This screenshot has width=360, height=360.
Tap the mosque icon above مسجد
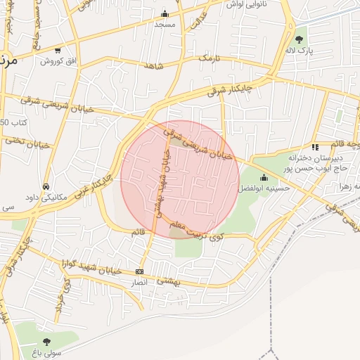pyautogui.click(x=165, y=13)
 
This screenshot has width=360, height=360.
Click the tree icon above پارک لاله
pyautogui.click(x=300, y=40)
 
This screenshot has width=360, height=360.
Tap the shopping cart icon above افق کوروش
pyautogui.click(x=57, y=51)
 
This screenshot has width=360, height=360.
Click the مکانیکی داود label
pyautogui.click(x=46, y=198)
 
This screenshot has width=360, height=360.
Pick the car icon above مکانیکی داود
pyautogui.click(x=46, y=187)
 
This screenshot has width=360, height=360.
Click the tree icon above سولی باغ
pyautogui.click(x=47, y=341)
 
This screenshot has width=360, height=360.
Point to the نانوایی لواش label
pyautogui.click(x=245, y=4)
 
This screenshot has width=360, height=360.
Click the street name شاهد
pyautogui.click(x=153, y=67)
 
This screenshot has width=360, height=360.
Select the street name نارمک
pyautogui.click(x=208, y=57)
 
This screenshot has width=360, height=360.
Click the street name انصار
pyautogui.click(x=139, y=282)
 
